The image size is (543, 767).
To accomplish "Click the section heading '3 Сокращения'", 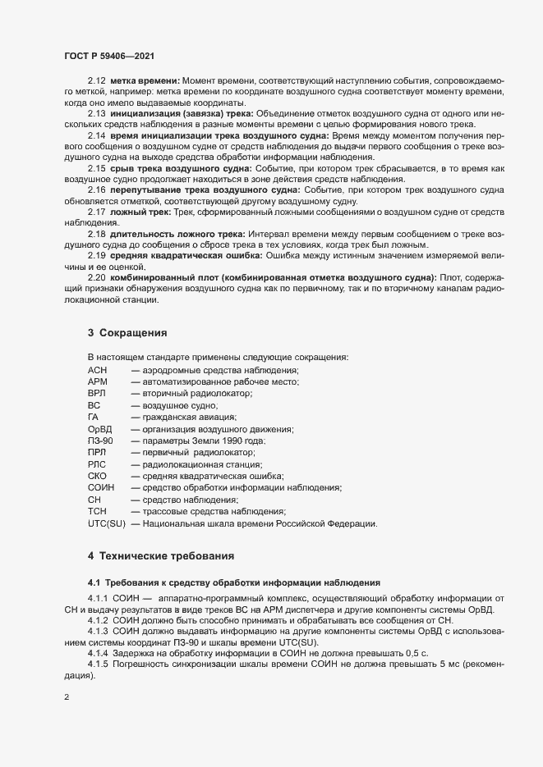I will (x=127, y=333).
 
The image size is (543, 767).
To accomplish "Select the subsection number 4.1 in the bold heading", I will (x=94, y=582).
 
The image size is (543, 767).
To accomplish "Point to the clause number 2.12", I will (x=97, y=81).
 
